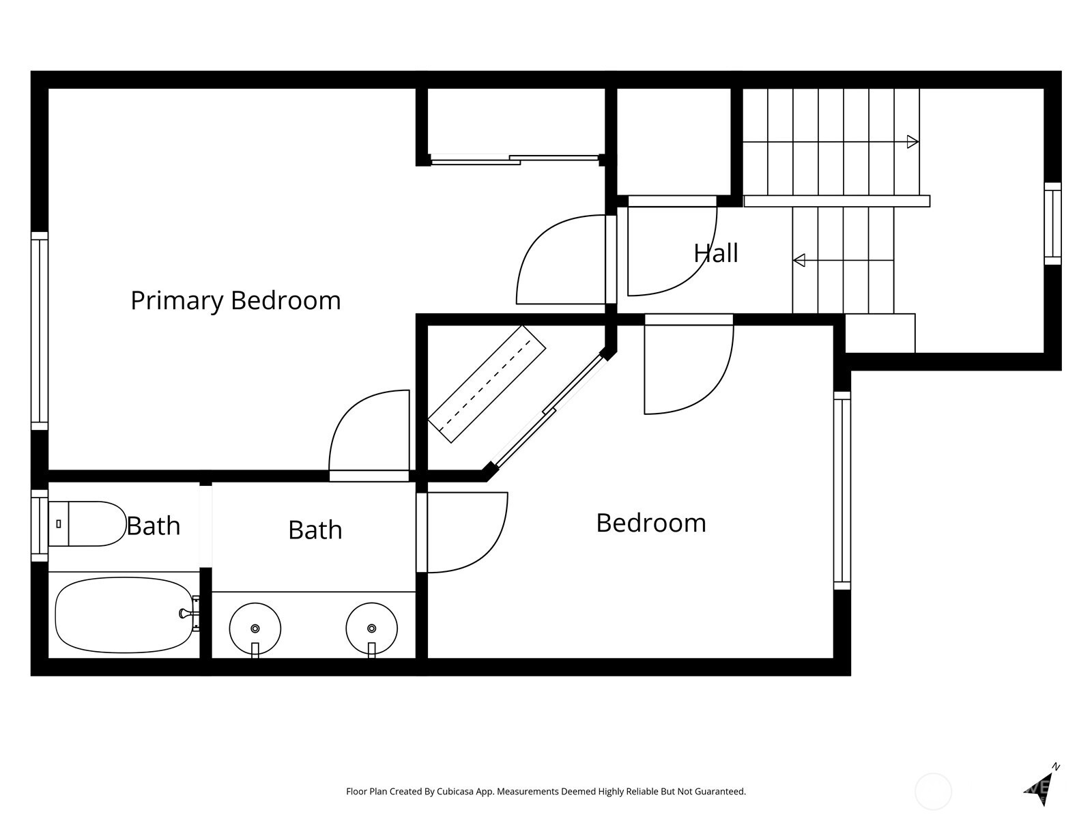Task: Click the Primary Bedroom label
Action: [235, 301]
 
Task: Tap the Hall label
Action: [715, 253]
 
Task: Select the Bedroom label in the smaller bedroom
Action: [650, 523]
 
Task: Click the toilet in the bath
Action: [87, 523]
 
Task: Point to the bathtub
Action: [124, 615]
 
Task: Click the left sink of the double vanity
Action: [255, 629]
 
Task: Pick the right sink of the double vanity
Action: [372, 629]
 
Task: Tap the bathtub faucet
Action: [190, 614]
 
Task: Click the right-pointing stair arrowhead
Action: [913, 142]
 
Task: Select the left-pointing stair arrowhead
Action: [799, 260]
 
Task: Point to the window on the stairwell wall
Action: [1052, 224]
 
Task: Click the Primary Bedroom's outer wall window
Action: [40, 331]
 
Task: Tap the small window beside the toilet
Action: [40, 526]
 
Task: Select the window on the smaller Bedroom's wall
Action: [842, 491]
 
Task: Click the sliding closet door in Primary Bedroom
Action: [515, 160]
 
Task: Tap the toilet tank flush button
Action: [59, 523]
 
